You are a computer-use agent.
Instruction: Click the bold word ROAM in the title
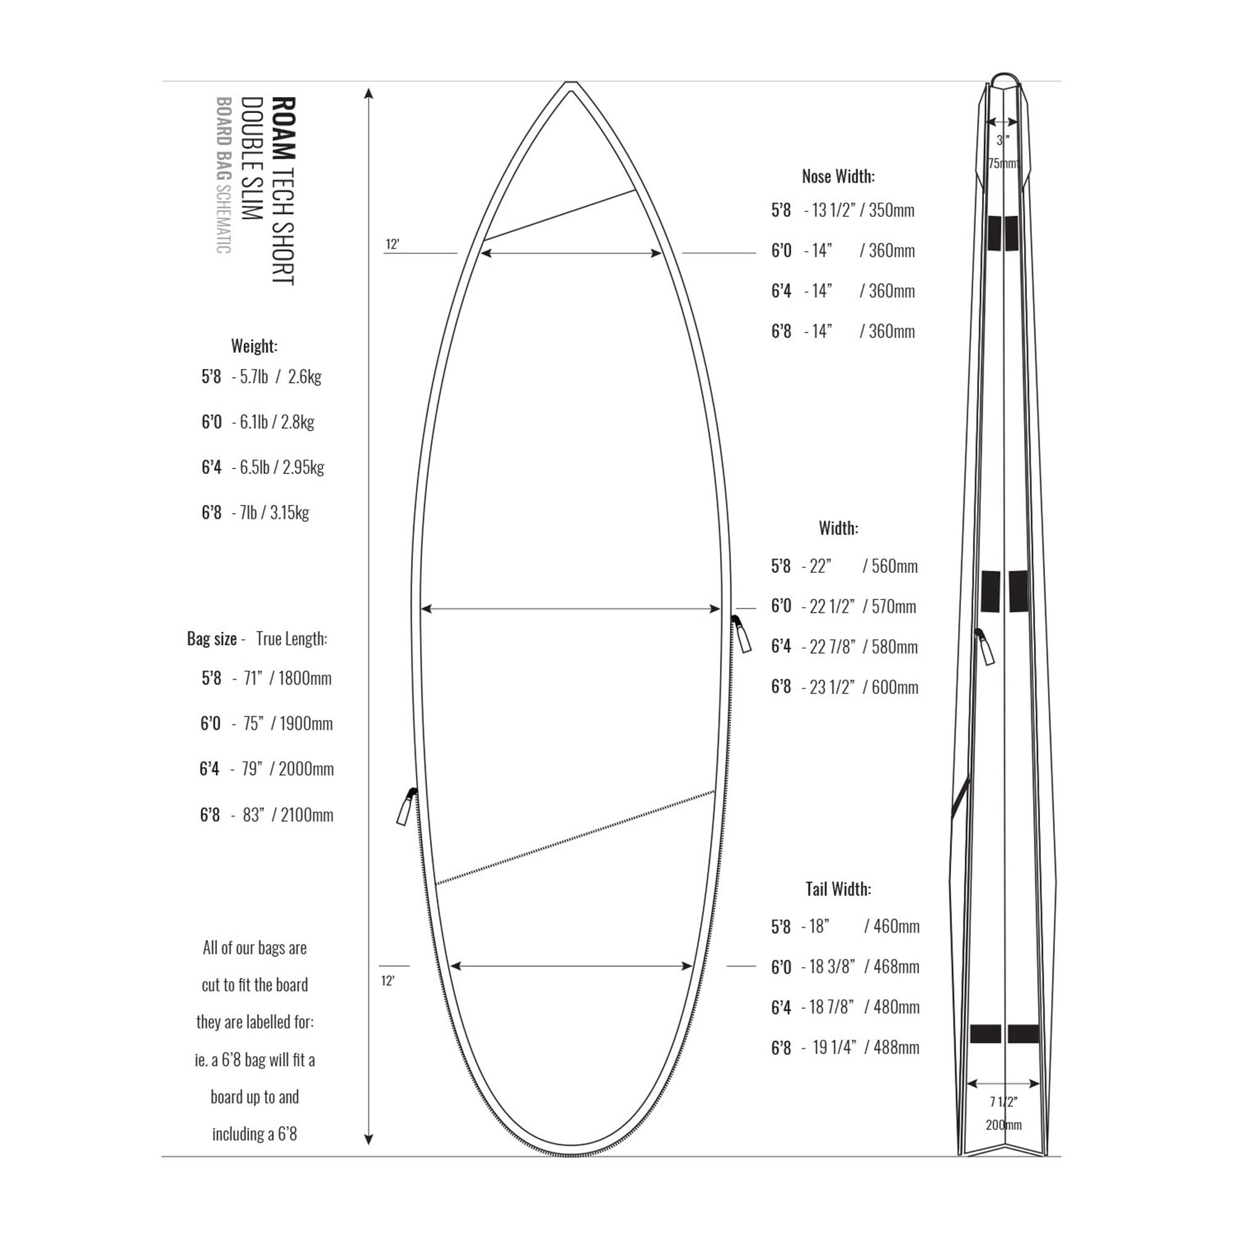coord(284,128)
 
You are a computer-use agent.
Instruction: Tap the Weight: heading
coord(255,346)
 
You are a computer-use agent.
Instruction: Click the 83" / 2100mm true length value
coord(288,815)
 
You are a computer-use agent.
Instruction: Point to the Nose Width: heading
coord(838,177)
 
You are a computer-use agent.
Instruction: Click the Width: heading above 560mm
coord(838,528)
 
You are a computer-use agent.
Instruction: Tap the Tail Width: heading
coord(838,889)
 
